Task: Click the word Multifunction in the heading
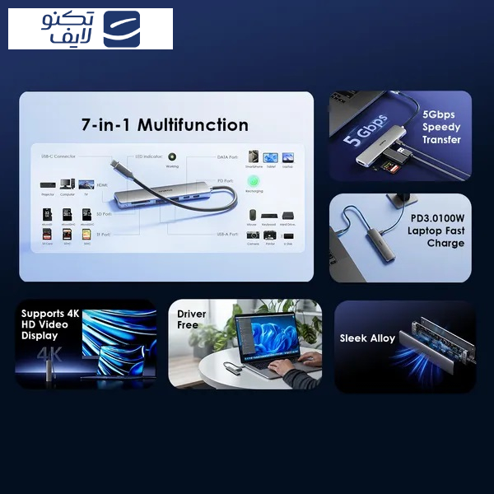click(x=193, y=125)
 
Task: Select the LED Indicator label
click(x=148, y=156)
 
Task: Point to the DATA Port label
click(x=227, y=156)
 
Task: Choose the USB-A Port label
click(x=228, y=234)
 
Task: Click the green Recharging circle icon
click(x=255, y=180)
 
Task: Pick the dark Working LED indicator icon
click(x=172, y=156)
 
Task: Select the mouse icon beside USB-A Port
click(x=252, y=215)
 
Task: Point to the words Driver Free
click(x=191, y=319)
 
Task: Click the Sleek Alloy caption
click(x=367, y=338)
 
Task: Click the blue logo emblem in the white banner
click(x=122, y=29)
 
